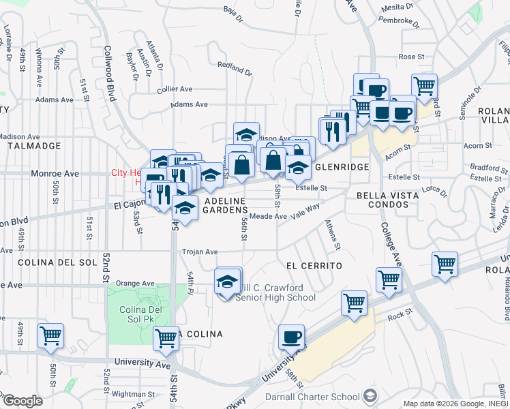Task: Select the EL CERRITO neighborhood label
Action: tap(313, 264)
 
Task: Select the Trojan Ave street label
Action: tap(199, 252)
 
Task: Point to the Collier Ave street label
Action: tap(175, 89)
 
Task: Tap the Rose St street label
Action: tap(411, 57)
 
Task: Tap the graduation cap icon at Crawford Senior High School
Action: tap(227, 282)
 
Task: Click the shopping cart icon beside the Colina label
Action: tap(166, 337)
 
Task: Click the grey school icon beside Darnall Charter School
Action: tap(370, 395)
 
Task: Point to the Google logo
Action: tap(22, 400)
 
